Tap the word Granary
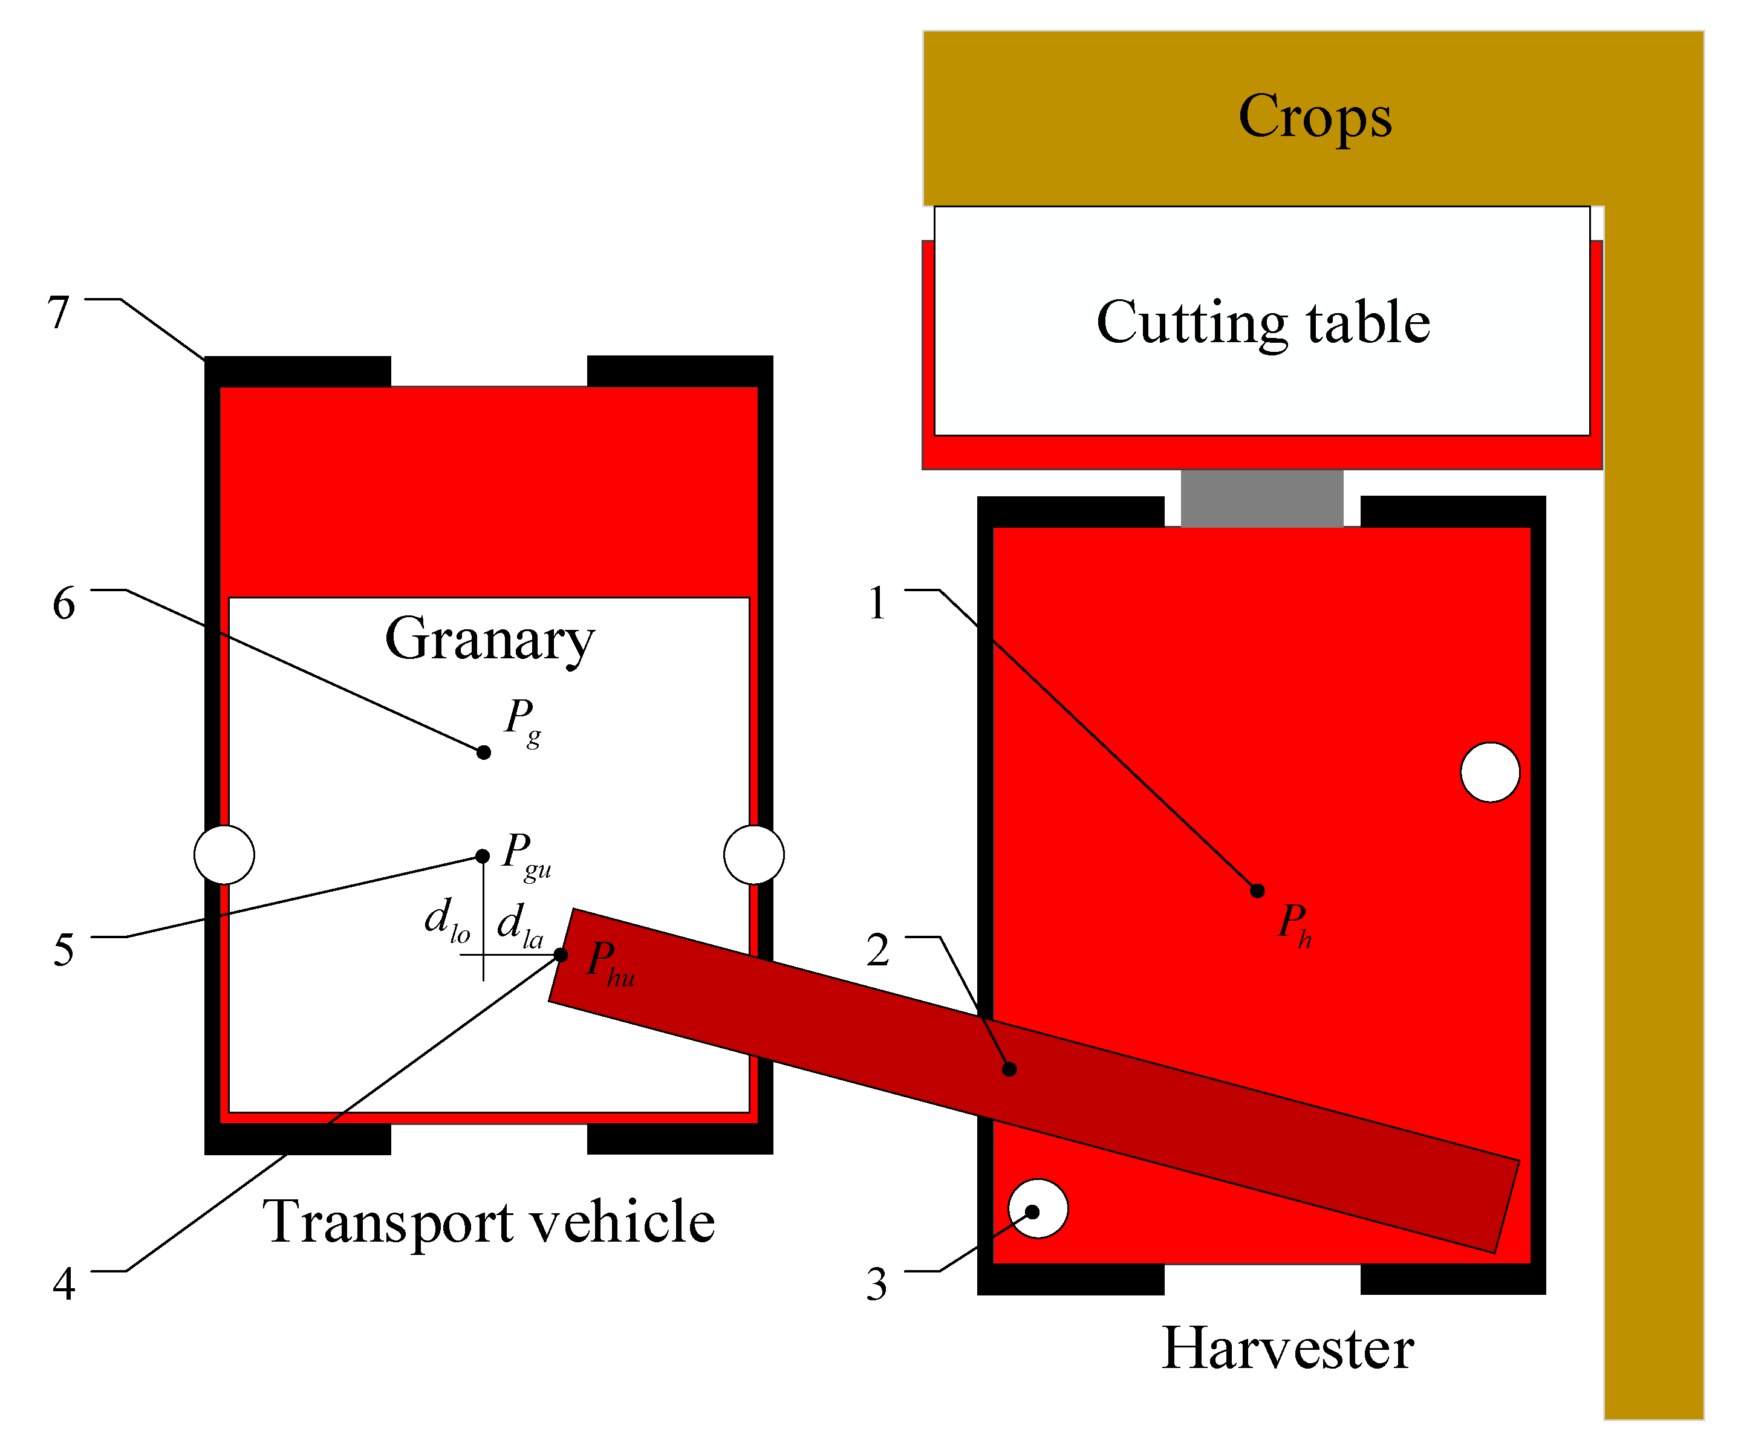coord(489,640)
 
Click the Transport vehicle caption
coord(489,1222)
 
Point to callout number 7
coord(58,313)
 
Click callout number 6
coord(63,604)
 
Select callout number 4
coord(63,1284)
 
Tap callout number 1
coord(877,604)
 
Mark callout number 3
coord(877,1285)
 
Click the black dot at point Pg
coord(483,753)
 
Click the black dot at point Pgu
coord(482,856)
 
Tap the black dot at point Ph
coord(1257,891)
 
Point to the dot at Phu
coord(561,956)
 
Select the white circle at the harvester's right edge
coord(1490,772)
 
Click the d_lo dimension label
coord(447,921)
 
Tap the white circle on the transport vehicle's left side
coord(224,854)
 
